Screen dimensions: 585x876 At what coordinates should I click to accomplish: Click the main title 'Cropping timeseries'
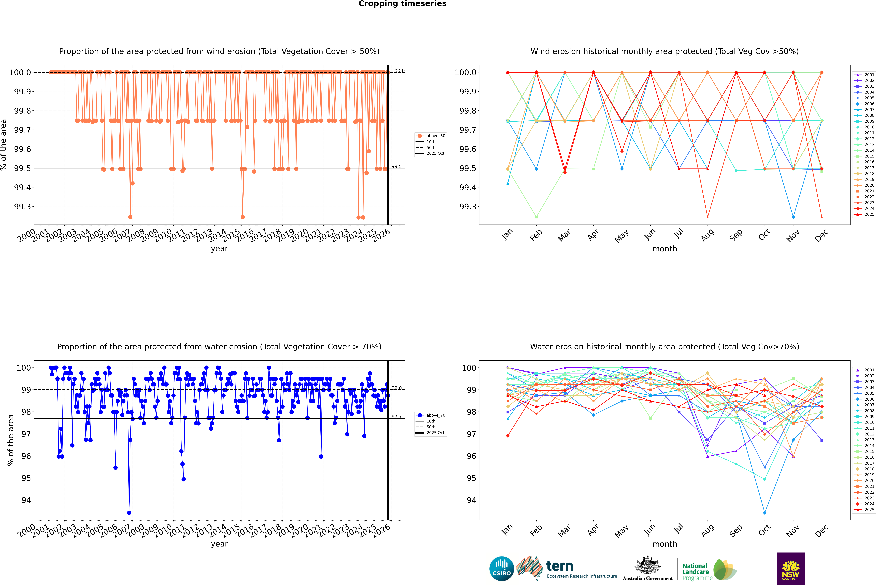402,4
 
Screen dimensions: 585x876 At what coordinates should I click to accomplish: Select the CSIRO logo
502,569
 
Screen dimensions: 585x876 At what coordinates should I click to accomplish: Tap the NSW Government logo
790,569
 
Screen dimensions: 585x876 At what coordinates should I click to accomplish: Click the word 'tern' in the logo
559,566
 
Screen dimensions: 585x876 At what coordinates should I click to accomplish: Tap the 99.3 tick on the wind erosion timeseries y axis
22,207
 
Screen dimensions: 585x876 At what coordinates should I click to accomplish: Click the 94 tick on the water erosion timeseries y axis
26,500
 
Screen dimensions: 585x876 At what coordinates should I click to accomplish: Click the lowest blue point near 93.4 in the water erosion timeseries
129,513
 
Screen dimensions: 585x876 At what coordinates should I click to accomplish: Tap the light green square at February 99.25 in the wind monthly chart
536,217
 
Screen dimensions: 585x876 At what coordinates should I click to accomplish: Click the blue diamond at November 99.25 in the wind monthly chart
793,217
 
